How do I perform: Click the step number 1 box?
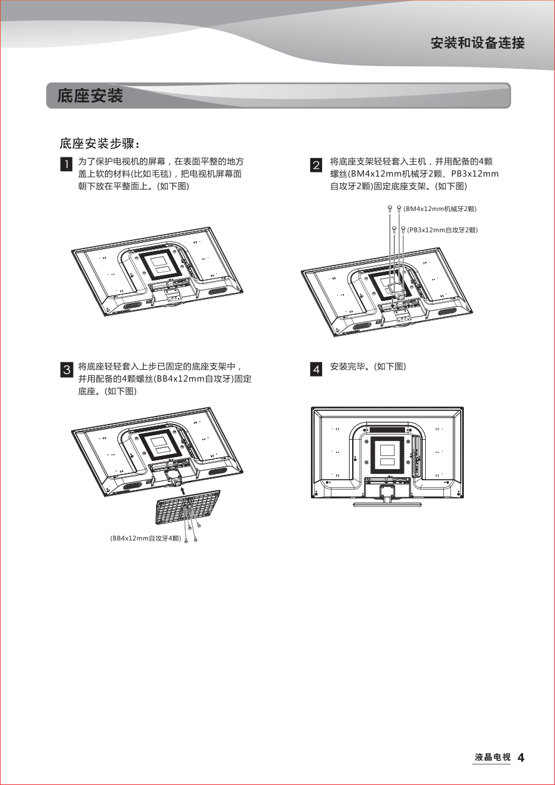67,164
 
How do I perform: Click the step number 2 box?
316,165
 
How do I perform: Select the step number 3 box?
67,370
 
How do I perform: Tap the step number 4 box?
316,370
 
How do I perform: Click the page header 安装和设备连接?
478,43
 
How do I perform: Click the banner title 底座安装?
90,96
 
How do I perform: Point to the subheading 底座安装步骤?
99,144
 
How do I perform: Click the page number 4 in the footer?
521,758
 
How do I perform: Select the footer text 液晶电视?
493,758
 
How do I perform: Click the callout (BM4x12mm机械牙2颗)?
440,209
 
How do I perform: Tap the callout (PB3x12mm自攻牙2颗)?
442,230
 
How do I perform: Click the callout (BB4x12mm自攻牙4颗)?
145,538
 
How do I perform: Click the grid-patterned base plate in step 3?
188,506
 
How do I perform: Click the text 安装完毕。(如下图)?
368,367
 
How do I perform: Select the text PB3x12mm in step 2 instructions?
474,174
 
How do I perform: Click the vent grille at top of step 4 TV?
387,429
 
